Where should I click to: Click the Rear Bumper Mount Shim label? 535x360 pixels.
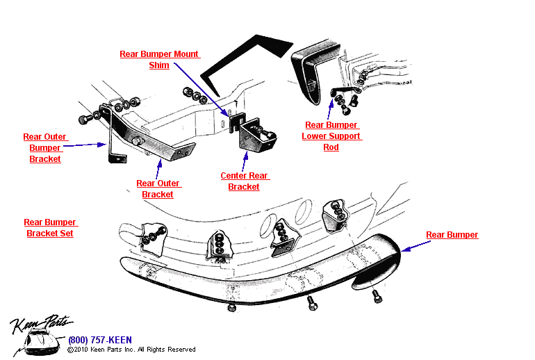[159, 60]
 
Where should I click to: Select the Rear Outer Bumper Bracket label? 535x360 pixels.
[45, 148]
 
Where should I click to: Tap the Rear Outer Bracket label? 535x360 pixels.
[158, 189]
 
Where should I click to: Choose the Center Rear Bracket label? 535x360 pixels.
[244, 181]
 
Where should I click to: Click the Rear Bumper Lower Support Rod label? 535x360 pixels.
[331, 136]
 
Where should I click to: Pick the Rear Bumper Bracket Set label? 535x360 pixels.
[50, 228]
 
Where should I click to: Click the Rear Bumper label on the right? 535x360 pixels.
[452, 235]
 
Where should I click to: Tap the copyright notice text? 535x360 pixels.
[131, 350]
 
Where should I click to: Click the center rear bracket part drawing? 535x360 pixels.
[257, 139]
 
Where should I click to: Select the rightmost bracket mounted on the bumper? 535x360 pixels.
[335, 213]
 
